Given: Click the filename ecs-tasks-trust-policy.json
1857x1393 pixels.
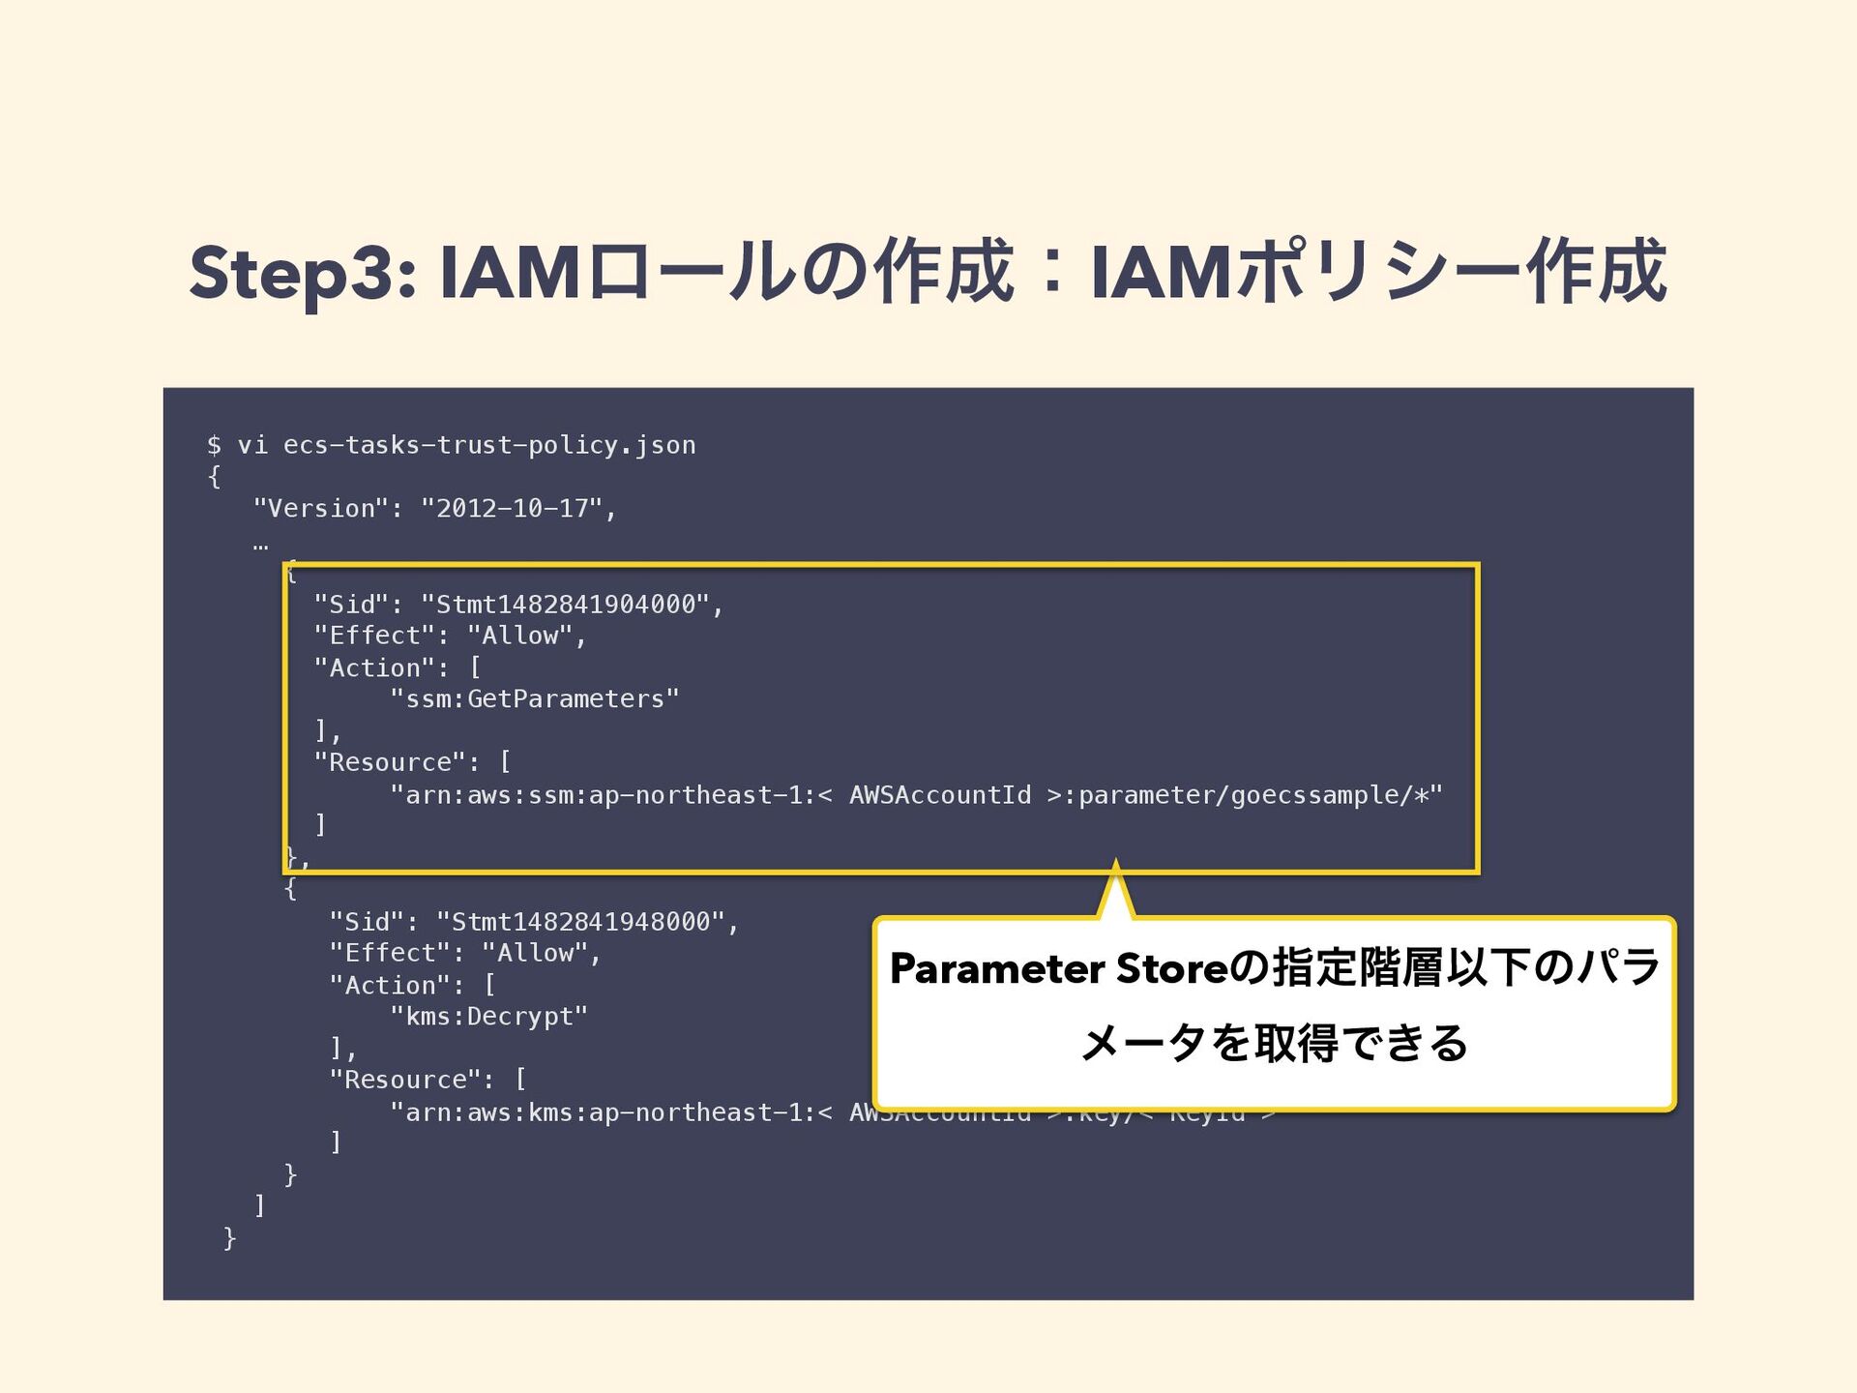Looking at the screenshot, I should (x=489, y=445).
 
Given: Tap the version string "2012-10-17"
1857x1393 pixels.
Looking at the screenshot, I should (x=513, y=509).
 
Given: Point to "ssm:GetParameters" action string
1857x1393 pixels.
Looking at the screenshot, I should (x=535, y=699).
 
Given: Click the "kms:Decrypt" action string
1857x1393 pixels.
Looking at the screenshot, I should (x=489, y=1017).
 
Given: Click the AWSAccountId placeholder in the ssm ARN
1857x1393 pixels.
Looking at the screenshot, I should (x=940, y=795).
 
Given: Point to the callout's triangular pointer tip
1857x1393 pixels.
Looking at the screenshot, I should (x=1116, y=864).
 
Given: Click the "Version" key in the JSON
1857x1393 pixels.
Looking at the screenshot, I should (x=321, y=509).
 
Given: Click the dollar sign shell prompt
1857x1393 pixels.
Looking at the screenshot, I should (x=214, y=445).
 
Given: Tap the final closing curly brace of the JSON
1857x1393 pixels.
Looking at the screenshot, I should (x=229, y=1238).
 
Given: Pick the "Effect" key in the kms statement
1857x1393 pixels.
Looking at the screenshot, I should (x=390, y=954).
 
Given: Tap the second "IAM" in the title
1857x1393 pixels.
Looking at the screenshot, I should (x=1161, y=274).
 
